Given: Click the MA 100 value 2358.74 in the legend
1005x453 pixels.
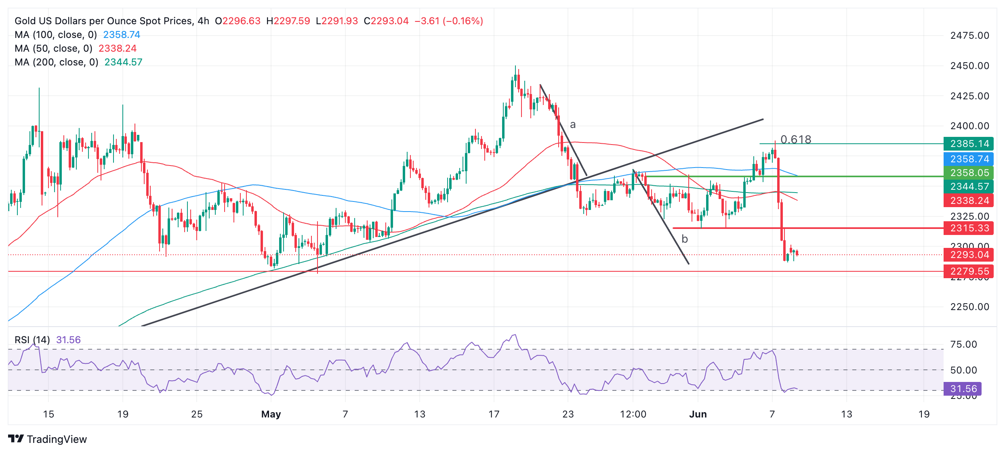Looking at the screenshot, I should (x=122, y=35).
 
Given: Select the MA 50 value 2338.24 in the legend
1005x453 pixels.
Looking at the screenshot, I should (x=118, y=48).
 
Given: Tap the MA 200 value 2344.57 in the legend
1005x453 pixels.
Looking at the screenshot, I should (x=123, y=62).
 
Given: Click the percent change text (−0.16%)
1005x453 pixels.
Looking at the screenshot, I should (x=463, y=21).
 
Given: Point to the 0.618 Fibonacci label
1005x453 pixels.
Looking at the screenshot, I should (x=795, y=139).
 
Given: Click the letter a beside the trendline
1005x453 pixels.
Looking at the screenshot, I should (x=572, y=125).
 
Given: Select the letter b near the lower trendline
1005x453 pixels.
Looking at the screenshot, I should (x=684, y=239).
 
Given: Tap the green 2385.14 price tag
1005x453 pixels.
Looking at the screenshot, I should (x=969, y=144).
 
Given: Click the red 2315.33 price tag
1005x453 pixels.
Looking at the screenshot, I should (x=969, y=228).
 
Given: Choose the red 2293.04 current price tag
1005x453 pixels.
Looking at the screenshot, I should (x=969, y=255).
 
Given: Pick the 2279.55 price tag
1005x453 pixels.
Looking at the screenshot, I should (x=969, y=271).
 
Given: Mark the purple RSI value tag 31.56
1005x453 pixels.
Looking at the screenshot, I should (x=963, y=389).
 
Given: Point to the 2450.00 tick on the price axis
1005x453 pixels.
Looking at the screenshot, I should (x=969, y=66).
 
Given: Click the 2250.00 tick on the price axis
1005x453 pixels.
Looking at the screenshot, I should (x=969, y=307).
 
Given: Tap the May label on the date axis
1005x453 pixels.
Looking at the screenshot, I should (x=271, y=414).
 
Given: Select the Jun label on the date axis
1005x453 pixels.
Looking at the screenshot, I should (x=698, y=414).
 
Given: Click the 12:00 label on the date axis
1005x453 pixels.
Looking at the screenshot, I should (x=633, y=414).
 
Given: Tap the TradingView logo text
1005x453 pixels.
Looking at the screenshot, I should (x=57, y=439).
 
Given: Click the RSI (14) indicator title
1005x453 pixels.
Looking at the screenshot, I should (x=32, y=340).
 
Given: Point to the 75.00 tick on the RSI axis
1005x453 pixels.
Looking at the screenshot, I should (x=963, y=344).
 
